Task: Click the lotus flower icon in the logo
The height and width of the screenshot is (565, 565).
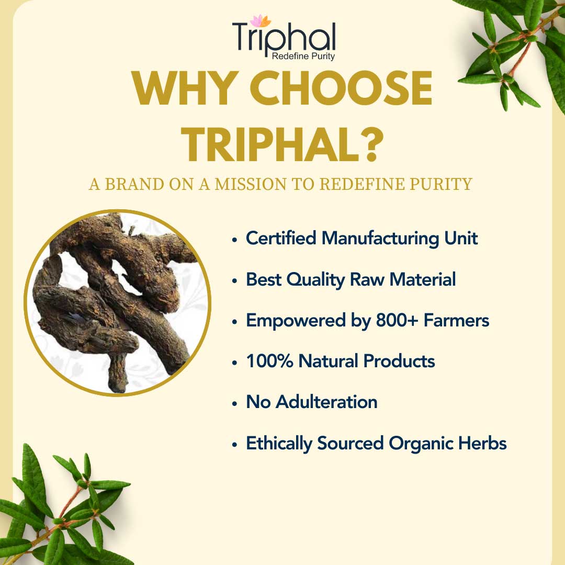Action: (x=261, y=20)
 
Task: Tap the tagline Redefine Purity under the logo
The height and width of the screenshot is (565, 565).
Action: (x=303, y=56)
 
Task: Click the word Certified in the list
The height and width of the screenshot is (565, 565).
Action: (x=281, y=238)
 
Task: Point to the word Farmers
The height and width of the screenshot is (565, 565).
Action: (x=456, y=320)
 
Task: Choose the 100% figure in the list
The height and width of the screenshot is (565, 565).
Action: (x=269, y=361)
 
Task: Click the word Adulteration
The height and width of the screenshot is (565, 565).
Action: (x=327, y=402)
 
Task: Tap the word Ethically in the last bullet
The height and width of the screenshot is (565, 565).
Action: (x=279, y=444)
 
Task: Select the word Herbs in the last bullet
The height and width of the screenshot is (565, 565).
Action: (x=482, y=443)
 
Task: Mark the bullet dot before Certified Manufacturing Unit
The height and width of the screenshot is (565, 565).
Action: (x=234, y=240)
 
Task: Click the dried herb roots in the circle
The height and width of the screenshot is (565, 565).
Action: (x=115, y=299)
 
